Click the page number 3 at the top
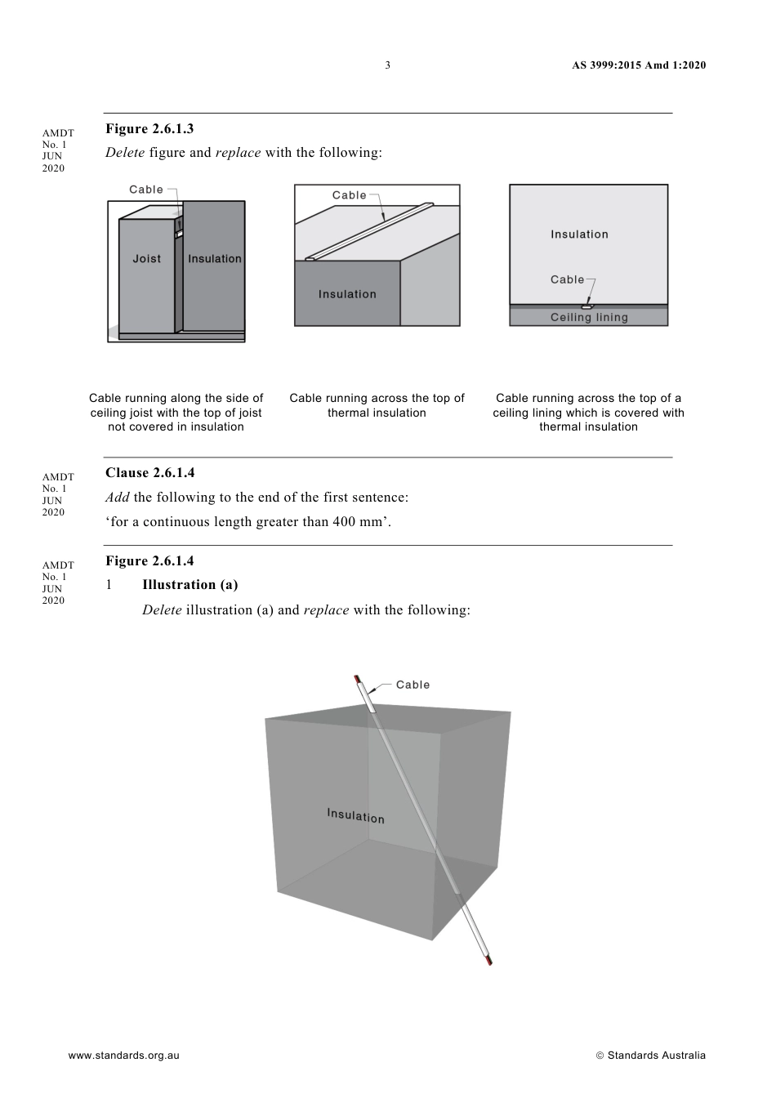point(388,65)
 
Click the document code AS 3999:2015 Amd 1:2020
point(639,65)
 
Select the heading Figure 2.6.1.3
point(149,129)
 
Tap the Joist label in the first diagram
point(147,259)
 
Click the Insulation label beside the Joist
point(215,259)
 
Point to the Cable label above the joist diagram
point(146,190)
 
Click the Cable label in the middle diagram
point(350,195)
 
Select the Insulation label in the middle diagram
point(347,294)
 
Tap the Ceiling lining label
point(589,318)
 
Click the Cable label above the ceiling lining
point(568,279)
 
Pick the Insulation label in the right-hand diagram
point(579,234)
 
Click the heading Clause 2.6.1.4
point(149,473)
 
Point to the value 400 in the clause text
point(343,522)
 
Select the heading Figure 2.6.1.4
point(149,561)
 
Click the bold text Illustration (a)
point(190,585)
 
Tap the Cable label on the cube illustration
point(413,685)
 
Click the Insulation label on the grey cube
point(355,815)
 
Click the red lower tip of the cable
point(489,962)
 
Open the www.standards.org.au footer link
point(123,1056)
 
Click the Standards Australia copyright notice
point(651,1056)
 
